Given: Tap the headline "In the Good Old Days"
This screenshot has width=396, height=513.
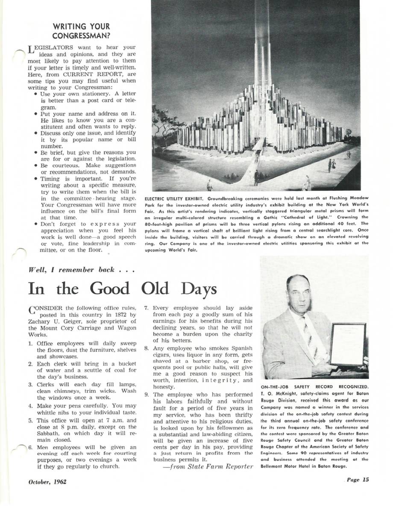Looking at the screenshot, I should pos(122,289).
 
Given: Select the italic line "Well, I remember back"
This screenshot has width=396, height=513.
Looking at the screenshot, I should pos(82,270).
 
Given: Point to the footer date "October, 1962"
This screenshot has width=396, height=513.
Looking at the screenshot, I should pos(47,481).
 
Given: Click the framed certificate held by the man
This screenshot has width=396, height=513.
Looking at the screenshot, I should pos(348,345).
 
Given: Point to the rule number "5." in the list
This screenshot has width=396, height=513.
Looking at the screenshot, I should pos(31,421).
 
